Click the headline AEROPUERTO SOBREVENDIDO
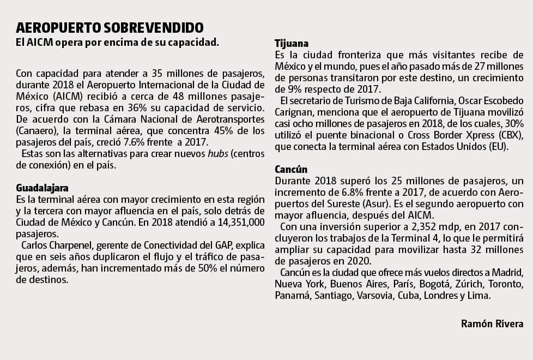pos(110,27)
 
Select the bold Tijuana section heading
pos(292,44)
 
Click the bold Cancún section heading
pos(291,169)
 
